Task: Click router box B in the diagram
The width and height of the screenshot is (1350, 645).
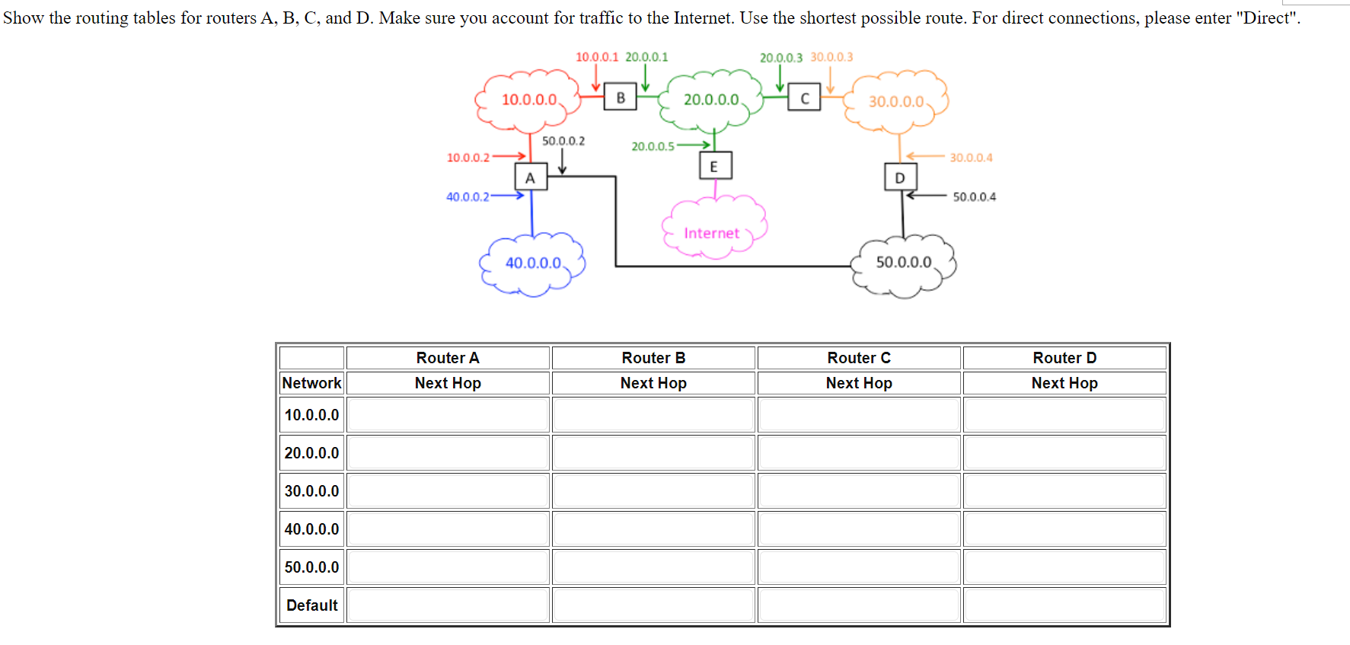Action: (x=620, y=97)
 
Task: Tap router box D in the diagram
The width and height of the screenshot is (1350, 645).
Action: (x=900, y=177)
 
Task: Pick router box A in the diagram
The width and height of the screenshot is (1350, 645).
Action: (x=531, y=178)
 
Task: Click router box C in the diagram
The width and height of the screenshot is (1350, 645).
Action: (x=804, y=98)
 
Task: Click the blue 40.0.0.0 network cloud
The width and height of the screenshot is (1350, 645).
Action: (x=533, y=263)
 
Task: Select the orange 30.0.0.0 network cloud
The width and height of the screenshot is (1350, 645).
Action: (x=896, y=102)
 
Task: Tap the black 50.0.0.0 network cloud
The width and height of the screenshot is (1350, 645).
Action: (x=903, y=263)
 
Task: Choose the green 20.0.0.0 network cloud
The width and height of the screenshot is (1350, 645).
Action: (x=710, y=100)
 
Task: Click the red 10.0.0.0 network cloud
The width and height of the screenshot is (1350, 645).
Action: (x=529, y=100)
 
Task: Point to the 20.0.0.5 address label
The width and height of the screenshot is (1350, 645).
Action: (x=653, y=146)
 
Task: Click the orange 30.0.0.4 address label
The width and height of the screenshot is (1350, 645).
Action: (x=971, y=158)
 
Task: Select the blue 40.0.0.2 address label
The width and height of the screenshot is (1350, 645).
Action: (x=468, y=196)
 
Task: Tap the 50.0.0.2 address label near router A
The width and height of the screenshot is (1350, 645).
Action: (x=563, y=141)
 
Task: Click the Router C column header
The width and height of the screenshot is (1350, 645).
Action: (x=859, y=358)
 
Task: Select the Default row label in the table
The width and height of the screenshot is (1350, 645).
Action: (x=311, y=605)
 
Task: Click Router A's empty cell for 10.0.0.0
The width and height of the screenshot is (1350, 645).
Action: (x=448, y=415)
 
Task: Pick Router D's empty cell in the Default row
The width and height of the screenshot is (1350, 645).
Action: (x=1064, y=605)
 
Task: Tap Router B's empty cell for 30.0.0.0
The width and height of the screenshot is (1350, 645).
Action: (x=653, y=491)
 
